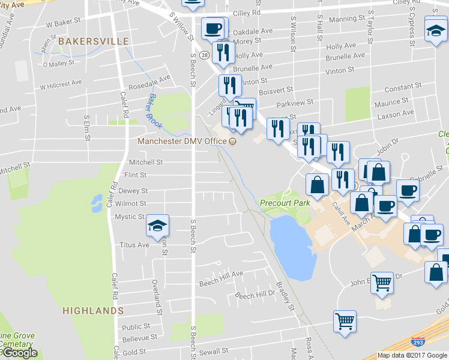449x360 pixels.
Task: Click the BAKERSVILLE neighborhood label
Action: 94,41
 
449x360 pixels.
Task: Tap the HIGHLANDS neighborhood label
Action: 93,311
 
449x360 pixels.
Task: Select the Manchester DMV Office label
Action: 182,142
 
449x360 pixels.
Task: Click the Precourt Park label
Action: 285,203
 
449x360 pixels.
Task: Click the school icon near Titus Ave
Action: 157,226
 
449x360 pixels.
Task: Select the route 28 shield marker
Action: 204,55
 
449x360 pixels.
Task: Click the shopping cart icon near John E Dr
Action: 382,282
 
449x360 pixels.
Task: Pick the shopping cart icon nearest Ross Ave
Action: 345,321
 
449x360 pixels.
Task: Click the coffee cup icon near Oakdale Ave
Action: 213,28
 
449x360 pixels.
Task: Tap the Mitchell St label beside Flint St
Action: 146,162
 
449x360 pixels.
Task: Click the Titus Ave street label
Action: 134,245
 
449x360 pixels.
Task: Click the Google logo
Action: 19,353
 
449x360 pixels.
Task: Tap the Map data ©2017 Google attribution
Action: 412,355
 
